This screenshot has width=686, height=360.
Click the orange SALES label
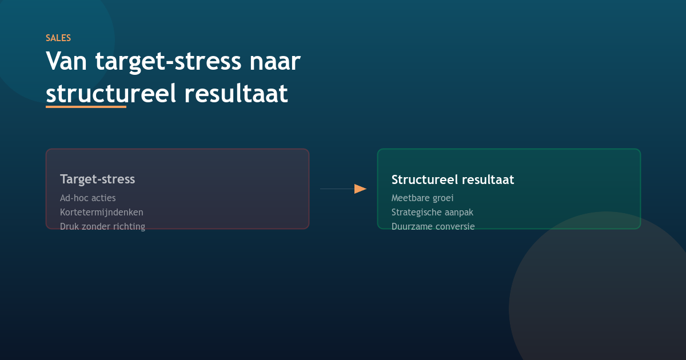58,38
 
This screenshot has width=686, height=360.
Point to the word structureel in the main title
111,94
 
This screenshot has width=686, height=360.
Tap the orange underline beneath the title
86,106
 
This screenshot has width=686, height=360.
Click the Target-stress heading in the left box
97,179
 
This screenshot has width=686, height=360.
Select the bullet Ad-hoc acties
87,198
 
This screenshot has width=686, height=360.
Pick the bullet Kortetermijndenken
102,212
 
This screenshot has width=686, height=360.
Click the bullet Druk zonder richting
102,226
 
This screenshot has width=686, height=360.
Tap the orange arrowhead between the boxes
360,189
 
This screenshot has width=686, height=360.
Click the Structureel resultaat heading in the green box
453,179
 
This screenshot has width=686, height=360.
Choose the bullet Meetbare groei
422,198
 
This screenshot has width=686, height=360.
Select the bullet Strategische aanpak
432,212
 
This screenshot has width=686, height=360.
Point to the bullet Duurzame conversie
433,226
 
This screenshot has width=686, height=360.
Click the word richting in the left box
129,226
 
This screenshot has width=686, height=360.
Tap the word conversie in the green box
454,226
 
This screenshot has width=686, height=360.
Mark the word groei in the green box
442,198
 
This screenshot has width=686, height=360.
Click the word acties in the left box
103,198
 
